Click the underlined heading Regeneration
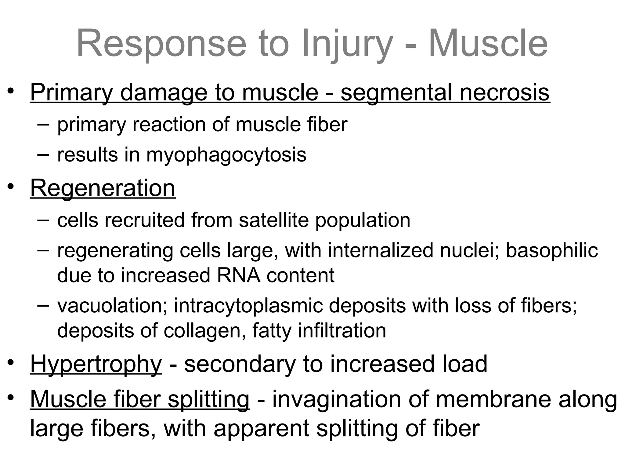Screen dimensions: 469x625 [103, 188]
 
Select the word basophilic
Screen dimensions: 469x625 [552, 251]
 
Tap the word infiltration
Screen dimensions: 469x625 [342, 330]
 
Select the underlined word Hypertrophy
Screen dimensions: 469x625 [96, 365]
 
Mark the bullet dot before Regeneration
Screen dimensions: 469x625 [11, 187]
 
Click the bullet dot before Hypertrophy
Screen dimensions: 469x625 [11, 363]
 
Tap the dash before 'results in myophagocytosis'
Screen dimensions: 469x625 [43, 154]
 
